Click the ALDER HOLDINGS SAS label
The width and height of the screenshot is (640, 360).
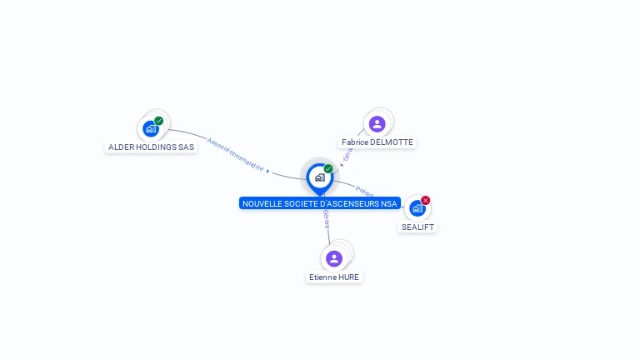[151, 147]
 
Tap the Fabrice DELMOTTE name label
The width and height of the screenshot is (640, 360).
[377, 142]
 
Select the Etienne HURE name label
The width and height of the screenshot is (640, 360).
[334, 277]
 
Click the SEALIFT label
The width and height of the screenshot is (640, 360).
[417, 227]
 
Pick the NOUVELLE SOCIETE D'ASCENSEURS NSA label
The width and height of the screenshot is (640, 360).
[319, 204]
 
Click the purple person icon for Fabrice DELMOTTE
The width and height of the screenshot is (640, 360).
[377, 124]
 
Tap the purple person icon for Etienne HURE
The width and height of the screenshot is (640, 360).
[334, 258]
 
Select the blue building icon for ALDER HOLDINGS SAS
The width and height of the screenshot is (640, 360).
[150, 129]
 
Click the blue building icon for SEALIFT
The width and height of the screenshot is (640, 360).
[417, 208]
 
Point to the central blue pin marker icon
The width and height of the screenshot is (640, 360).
[319, 177]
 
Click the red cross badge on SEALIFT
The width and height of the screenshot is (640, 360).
[426, 200]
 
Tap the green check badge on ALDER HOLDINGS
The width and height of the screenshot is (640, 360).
[159, 121]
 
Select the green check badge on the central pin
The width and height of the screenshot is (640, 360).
[328, 168]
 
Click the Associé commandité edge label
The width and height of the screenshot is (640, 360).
[235, 155]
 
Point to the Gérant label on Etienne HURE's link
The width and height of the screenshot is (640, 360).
[327, 220]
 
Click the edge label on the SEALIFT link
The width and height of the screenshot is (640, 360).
[364, 191]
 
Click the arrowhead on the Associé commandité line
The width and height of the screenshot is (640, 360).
[267, 170]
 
